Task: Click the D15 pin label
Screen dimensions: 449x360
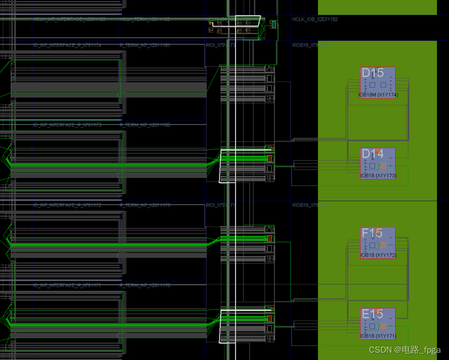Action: click(x=372, y=73)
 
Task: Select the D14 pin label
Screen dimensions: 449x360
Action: click(x=372, y=154)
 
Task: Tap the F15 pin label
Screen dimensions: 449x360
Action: click(x=372, y=233)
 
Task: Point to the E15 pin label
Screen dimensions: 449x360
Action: click(x=372, y=314)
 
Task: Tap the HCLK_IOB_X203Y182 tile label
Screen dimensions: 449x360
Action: click(x=315, y=19)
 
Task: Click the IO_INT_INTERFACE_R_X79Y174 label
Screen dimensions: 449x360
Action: click(x=67, y=46)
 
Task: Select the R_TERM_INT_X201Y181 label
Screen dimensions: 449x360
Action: click(x=145, y=46)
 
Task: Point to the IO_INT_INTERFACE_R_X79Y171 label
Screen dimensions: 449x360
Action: click(x=67, y=286)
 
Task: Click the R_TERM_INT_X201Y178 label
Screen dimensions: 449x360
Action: click(x=145, y=286)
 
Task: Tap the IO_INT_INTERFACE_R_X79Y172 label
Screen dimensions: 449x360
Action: click(x=67, y=206)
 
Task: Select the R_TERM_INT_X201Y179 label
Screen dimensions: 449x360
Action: click(x=145, y=206)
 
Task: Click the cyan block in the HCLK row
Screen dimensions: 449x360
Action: click(x=274, y=24)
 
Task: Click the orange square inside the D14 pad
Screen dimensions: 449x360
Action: click(x=383, y=166)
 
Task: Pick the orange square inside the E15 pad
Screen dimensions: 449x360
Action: click(x=383, y=326)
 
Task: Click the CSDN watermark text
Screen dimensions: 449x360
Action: click(x=404, y=350)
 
